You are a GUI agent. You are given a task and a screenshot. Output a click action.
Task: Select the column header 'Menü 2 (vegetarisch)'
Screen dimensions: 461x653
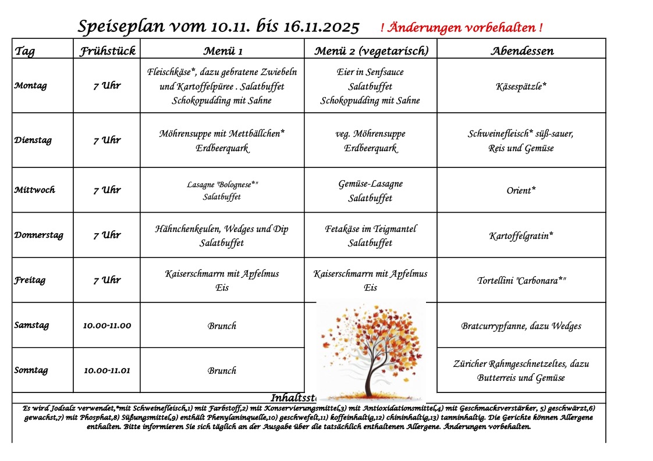click(x=371, y=51)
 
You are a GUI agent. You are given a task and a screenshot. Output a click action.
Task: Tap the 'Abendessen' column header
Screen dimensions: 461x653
click(x=521, y=51)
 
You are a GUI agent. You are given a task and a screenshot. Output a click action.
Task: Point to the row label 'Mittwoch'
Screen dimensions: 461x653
click(x=34, y=190)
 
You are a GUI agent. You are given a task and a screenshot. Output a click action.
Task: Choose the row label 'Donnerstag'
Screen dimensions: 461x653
click(x=38, y=235)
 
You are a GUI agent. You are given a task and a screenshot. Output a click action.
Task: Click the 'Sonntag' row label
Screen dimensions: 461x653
click(x=31, y=370)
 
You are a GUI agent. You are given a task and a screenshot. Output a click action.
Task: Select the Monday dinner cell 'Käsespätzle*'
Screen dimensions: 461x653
click(x=521, y=86)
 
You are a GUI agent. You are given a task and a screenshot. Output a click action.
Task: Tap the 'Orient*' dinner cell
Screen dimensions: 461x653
click(x=521, y=191)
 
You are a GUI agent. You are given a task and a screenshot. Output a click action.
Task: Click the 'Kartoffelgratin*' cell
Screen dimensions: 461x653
click(x=521, y=236)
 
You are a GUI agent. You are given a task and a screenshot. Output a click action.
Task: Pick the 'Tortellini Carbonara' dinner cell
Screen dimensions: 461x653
click(x=521, y=281)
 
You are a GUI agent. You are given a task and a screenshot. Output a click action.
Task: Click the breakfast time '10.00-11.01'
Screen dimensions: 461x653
click(x=107, y=370)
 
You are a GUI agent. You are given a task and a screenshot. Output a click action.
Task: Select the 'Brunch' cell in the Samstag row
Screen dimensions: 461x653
click(x=222, y=326)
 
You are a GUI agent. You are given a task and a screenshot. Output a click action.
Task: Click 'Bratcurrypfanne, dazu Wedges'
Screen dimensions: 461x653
click(x=521, y=326)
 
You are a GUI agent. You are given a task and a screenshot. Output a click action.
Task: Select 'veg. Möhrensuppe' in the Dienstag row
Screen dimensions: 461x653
click(x=371, y=134)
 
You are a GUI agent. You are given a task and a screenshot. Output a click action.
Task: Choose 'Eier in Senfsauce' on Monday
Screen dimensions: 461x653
click(x=370, y=72)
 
